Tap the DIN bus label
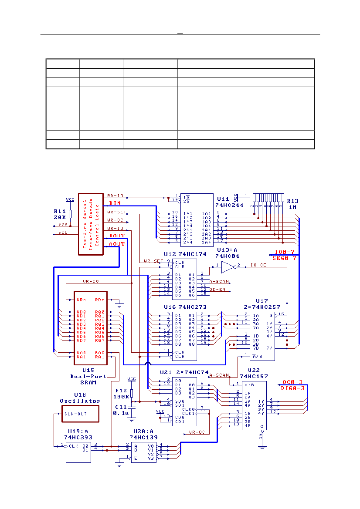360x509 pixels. (x=115, y=203)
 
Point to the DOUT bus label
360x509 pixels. (x=117, y=236)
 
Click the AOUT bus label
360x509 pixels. (x=117, y=244)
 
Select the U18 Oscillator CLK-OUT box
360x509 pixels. (x=79, y=414)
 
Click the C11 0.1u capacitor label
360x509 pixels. (x=120, y=410)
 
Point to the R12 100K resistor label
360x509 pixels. (x=121, y=394)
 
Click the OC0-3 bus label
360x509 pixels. (x=292, y=382)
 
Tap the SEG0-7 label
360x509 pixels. (x=284, y=258)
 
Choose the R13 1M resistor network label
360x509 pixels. (x=292, y=204)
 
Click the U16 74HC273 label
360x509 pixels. (x=185, y=307)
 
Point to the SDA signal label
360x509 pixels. (x=63, y=224)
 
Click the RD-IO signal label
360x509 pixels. (x=115, y=195)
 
